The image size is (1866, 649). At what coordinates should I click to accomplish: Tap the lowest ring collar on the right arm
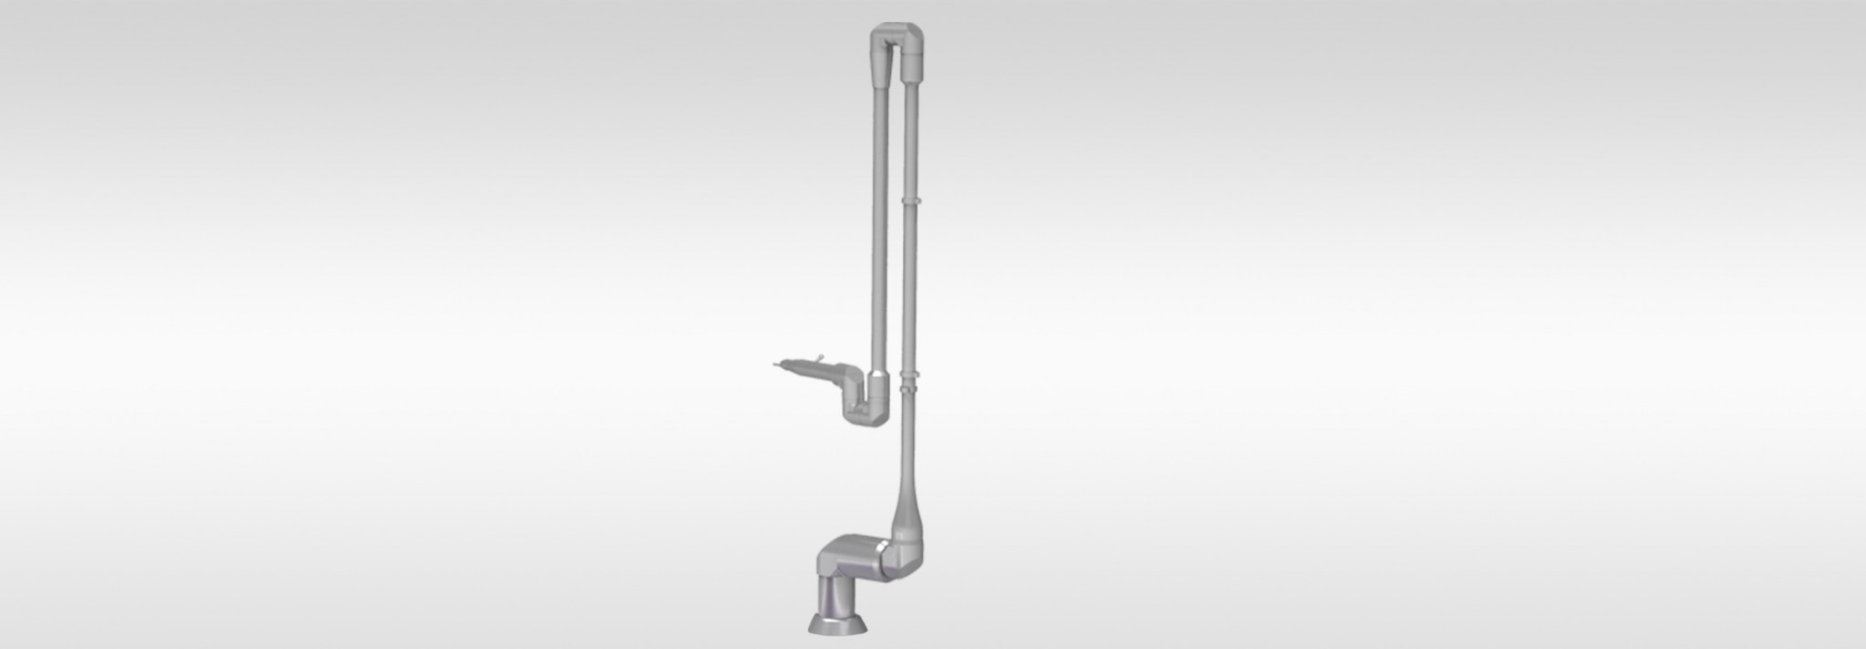pyautogui.click(x=909, y=388)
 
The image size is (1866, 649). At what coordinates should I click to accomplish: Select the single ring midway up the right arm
pyautogui.click(x=911, y=197)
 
